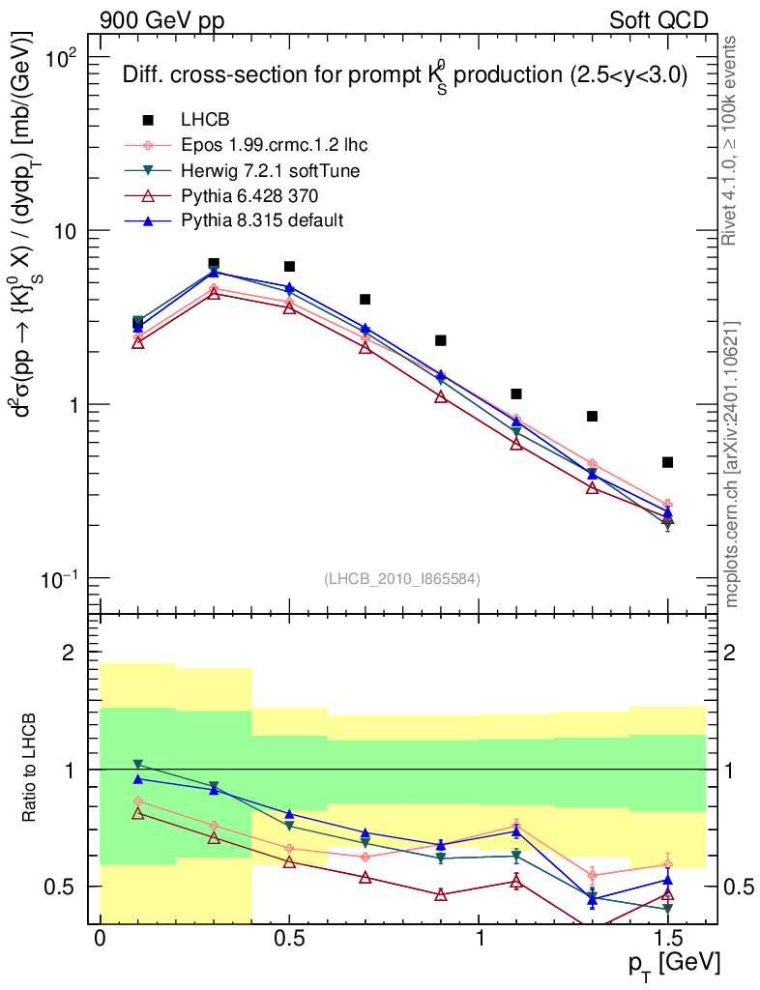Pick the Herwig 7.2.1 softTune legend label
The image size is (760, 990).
pos(271,170)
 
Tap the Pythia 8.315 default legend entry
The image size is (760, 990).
pos(262,220)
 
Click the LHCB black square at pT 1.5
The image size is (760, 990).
pos(667,462)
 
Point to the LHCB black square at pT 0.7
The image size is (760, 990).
pos(365,300)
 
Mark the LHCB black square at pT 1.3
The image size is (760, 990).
pos(592,417)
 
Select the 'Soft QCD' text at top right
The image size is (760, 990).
pos(658,20)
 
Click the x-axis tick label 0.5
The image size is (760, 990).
pos(289,939)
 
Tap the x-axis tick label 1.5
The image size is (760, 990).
pos(667,939)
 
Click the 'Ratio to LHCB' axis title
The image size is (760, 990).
pos(33,769)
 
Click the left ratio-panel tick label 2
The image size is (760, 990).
pos(68,654)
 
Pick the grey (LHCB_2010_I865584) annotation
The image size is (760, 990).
pos(401,578)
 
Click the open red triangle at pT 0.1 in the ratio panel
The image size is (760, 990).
pos(138,813)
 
